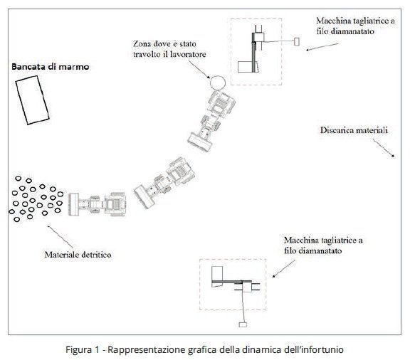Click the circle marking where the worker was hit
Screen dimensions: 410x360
(x=218, y=76)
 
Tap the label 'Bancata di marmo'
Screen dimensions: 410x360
(x=51, y=67)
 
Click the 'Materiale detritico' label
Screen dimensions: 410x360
(x=78, y=255)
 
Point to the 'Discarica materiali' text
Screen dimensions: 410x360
(x=354, y=130)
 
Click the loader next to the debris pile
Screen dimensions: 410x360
(x=98, y=204)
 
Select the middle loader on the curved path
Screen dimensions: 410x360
(x=164, y=182)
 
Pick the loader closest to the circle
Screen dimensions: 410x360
(x=211, y=121)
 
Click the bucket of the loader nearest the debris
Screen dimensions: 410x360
(x=73, y=204)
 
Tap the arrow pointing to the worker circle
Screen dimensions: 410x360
(x=199, y=70)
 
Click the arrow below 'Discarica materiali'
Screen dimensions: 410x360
(x=384, y=148)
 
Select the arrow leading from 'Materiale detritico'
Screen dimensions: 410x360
(x=60, y=237)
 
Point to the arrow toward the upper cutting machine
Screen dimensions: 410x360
(x=322, y=47)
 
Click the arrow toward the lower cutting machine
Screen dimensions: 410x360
(x=284, y=269)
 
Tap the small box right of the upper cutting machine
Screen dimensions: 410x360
(x=297, y=41)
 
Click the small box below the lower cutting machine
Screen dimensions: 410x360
(x=243, y=324)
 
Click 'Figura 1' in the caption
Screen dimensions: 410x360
(x=83, y=349)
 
